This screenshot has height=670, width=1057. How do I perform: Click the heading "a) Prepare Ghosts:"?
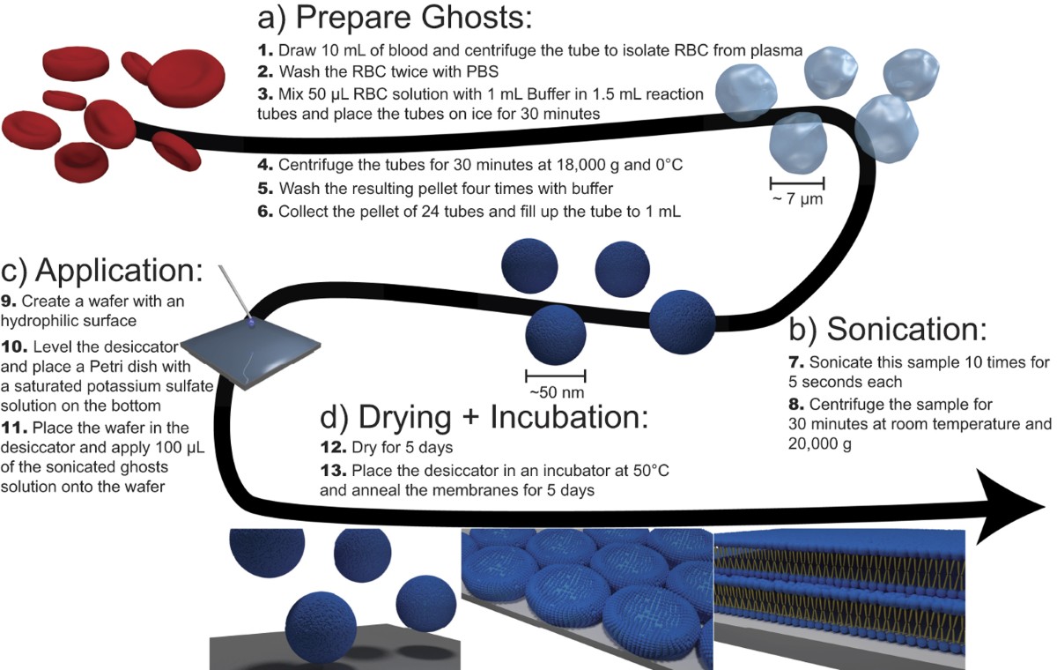pyautogui.click(x=395, y=18)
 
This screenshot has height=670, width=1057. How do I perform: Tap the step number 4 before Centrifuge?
pyautogui.click(x=266, y=165)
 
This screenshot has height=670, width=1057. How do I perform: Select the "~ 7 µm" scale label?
pyautogui.click(x=797, y=198)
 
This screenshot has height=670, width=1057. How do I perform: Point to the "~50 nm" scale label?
pyautogui.click(x=557, y=392)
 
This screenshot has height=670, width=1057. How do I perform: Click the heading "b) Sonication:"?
pyautogui.click(x=888, y=329)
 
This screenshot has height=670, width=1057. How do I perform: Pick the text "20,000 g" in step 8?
pyautogui.click(x=820, y=443)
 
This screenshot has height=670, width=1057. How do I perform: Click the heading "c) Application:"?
pyautogui.click(x=102, y=271)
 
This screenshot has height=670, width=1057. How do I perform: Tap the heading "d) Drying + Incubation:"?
pyautogui.click(x=484, y=417)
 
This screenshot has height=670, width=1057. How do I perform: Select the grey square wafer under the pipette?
pyautogui.click(x=250, y=354)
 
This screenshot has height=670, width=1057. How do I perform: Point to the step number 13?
pyautogui.click(x=333, y=470)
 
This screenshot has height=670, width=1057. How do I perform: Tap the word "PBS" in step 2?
pyautogui.click(x=483, y=71)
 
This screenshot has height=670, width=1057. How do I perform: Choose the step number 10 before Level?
pyautogui.click(x=14, y=346)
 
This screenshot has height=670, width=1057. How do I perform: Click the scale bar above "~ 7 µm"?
pyautogui.click(x=797, y=182)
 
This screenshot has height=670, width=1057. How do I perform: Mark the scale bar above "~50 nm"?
pyautogui.click(x=556, y=376)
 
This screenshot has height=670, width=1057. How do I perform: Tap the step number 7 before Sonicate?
pyautogui.click(x=796, y=362)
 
